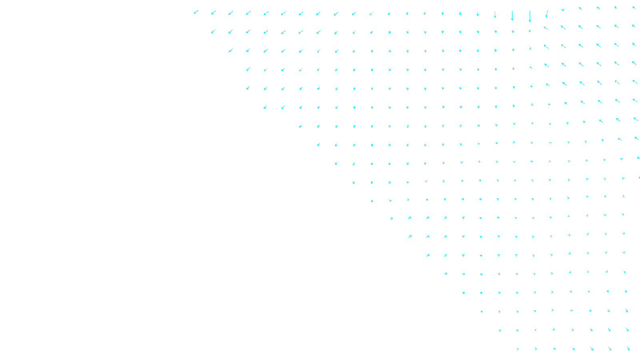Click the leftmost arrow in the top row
click(x=196, y=12)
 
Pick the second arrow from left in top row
click(x=214, y=13)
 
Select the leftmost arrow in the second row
click(x=213, y=31)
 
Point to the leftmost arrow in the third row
click(x=231, y=50)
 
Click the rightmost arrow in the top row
click(x=634, y=7)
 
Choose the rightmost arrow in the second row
click(x=634, y=26)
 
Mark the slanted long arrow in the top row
click(x=546, y=14)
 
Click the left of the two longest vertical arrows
click(x=512, y=16)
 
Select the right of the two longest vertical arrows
click(x=530, y=16)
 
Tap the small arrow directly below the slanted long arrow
click(x=546, y=28)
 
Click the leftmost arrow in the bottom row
click(x=518, y=349)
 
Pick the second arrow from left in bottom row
click(x=536, y=349)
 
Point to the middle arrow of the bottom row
click(x=573, y=349)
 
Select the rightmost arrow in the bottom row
click(x=628, y=348)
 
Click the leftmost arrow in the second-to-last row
click(x=500, y=330)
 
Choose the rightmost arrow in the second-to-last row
click(x=627, y=330)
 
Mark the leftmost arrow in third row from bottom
click(x=482, y=312)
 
